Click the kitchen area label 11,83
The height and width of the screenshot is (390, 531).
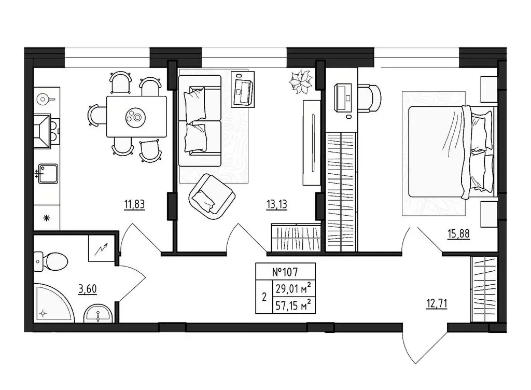(134, 204)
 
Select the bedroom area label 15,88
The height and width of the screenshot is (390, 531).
(459, 234)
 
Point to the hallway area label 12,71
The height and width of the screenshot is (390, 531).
(436, 301)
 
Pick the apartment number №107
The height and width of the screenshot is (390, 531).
(285, 271)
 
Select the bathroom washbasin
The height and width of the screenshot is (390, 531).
(98, 314)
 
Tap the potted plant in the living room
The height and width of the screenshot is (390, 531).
(301, 82)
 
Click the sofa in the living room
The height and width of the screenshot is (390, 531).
(199, 120)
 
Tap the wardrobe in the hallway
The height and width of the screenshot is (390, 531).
(484, 289)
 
